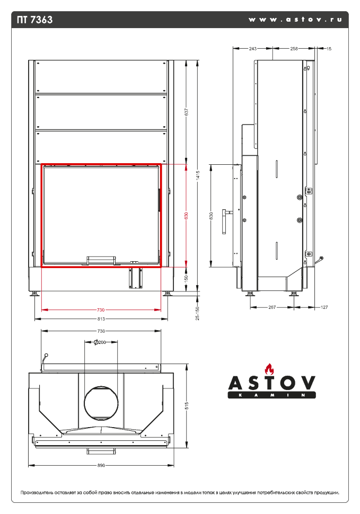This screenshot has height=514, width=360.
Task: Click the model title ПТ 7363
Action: (35, 20)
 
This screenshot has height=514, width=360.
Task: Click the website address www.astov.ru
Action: (295, 19)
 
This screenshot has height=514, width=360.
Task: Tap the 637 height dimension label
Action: (187, 112)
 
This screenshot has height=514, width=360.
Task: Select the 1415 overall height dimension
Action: (198, 175)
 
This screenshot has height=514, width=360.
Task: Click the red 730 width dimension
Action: (101, 310)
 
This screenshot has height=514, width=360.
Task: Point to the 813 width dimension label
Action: (101, 319)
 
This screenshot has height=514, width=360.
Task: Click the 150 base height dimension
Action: (187, 279)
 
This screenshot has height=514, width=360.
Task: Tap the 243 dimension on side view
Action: (252, 49)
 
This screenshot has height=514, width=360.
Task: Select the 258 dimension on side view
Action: (294, 49)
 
